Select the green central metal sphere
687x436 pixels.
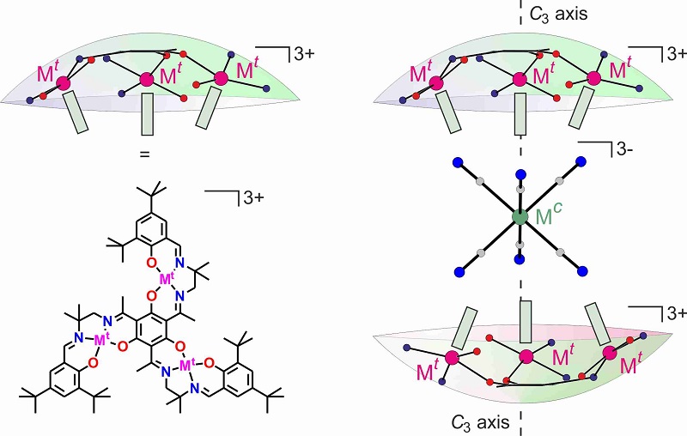(x=519, y=217)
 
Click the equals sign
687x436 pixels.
(x=145, y=155)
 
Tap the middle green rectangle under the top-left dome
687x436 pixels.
(x=148, y=114)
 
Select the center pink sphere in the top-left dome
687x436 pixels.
(x=146, y=80)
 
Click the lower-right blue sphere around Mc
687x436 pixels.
(x=582, y=274)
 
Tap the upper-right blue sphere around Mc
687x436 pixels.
(x=581, y=160)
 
